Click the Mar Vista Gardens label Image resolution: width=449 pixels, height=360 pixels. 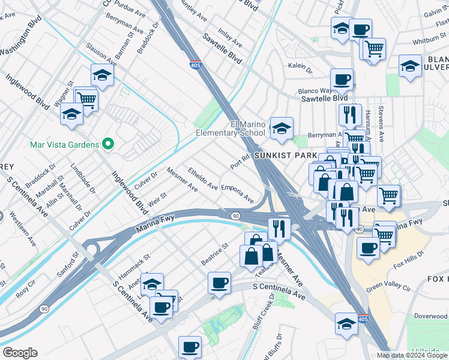[x=64, y=144]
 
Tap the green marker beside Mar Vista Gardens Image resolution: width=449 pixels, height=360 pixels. [x=108, y=143]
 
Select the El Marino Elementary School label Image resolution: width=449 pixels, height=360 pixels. [x=230, y=128]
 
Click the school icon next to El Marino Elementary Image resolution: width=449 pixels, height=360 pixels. [x=281, y=128]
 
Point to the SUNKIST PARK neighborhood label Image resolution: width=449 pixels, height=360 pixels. [x=285, y=155]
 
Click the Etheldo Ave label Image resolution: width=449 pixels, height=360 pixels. [x=202, y=178]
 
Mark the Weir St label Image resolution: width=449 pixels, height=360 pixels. [x=157, y=201]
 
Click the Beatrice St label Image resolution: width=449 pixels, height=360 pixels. [x=215, y=254]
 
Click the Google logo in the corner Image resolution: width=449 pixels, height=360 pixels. [x=20, y=353]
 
